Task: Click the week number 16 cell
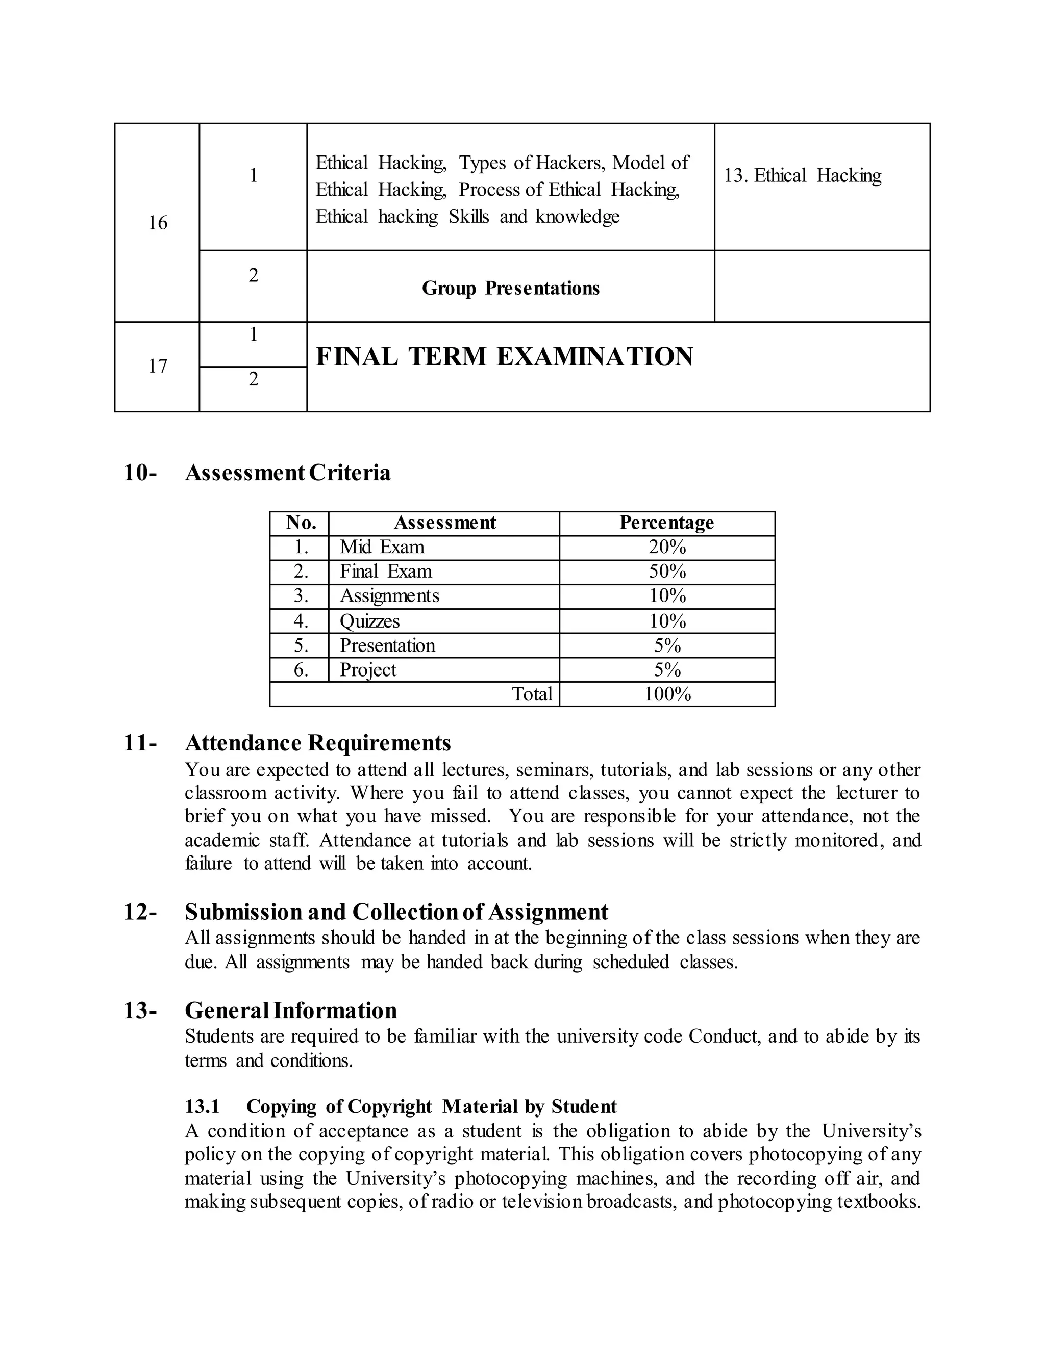click(x=157, y=223)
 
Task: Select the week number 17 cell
click(x=157, y=366)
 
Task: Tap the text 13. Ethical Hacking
click(x=802, y=176)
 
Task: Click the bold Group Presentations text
click(x=510, y=288)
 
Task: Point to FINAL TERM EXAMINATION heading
click(x=504, y=357)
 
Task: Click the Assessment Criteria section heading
click(x=287, y=473)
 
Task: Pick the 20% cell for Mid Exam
click(x=667, y=548)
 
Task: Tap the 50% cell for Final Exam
click(x=667, y=571)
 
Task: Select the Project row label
click(x=368, y=670)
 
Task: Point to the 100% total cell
click(x=667, y=694)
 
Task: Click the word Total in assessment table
click(x=532, y=694)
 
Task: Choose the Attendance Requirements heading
click(x=317, y=743)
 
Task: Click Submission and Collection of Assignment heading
click(x=396, y=913)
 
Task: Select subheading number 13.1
click(x=202, y=1107)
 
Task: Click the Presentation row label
click(x=387, y=646)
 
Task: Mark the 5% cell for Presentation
click(x=667, y=646)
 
